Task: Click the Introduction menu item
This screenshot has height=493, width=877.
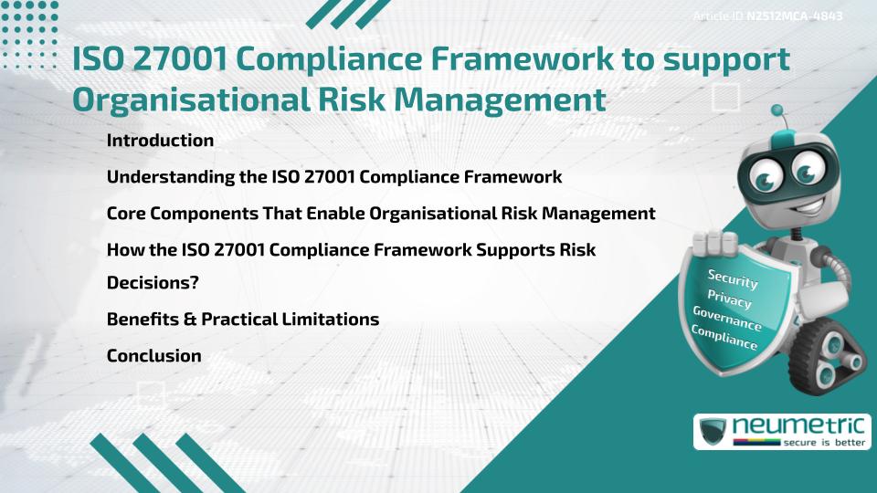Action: click(160, 141)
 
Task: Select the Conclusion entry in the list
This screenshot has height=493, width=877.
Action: click(153, 355)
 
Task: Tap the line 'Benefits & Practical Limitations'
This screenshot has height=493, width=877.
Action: click(242, 320)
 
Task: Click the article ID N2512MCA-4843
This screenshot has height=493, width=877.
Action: click(793, 16)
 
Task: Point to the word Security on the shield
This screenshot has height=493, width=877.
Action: click(734, 278)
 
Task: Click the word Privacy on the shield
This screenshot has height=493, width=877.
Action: click(729, 299)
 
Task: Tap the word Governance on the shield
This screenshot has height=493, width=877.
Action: click(726, 319)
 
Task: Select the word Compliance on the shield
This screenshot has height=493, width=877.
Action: click(724, 338)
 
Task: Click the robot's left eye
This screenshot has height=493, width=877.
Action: click(766, 173)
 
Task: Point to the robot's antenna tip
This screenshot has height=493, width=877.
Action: click(778, 110)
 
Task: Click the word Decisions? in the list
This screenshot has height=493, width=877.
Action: click(153, 283)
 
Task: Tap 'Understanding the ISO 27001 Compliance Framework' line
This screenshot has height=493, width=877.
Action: click(333, 176)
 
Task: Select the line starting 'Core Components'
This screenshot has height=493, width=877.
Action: click(381, 213)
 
